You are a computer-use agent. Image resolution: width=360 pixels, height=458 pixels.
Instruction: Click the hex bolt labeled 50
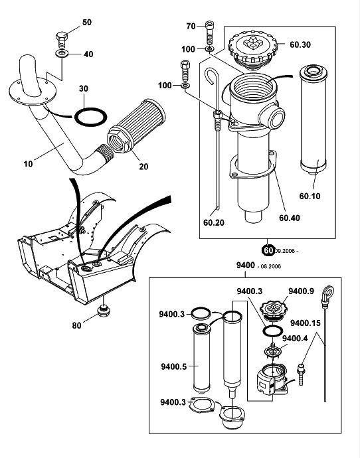pos(62,40)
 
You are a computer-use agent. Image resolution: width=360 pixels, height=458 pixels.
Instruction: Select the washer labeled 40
pos(61,54)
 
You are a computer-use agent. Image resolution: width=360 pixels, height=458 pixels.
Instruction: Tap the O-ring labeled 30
pos(90,117)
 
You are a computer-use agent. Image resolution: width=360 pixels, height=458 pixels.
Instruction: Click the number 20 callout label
pos(143,167)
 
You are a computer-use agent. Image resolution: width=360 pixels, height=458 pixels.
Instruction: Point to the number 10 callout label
pos(28,164)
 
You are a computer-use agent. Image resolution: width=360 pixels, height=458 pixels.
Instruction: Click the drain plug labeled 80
pos(104,311)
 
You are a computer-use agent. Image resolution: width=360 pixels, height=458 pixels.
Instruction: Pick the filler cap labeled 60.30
pos(252,51)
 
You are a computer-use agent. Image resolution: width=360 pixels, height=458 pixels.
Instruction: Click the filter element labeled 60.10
pos(314,120)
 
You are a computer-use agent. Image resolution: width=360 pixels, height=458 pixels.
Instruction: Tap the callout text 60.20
pos(214,222)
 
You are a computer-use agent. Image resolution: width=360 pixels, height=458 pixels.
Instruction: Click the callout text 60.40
pos(290,218)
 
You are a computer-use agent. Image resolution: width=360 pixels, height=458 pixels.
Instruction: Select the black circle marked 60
pos(268,250)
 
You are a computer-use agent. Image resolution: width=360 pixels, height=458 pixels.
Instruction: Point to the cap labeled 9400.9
pos(272,311)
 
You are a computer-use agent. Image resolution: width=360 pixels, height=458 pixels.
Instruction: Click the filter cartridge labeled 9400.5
pos(202,358)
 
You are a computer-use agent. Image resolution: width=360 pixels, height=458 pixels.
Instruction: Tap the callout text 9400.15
pos(306,323)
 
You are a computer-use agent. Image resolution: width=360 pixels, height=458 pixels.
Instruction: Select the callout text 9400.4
pos(295,339)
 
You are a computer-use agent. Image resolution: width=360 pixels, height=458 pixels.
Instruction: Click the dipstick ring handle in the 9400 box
pos(328,293)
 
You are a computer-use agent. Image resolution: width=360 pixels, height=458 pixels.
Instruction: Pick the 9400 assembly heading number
pos(246,266)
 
